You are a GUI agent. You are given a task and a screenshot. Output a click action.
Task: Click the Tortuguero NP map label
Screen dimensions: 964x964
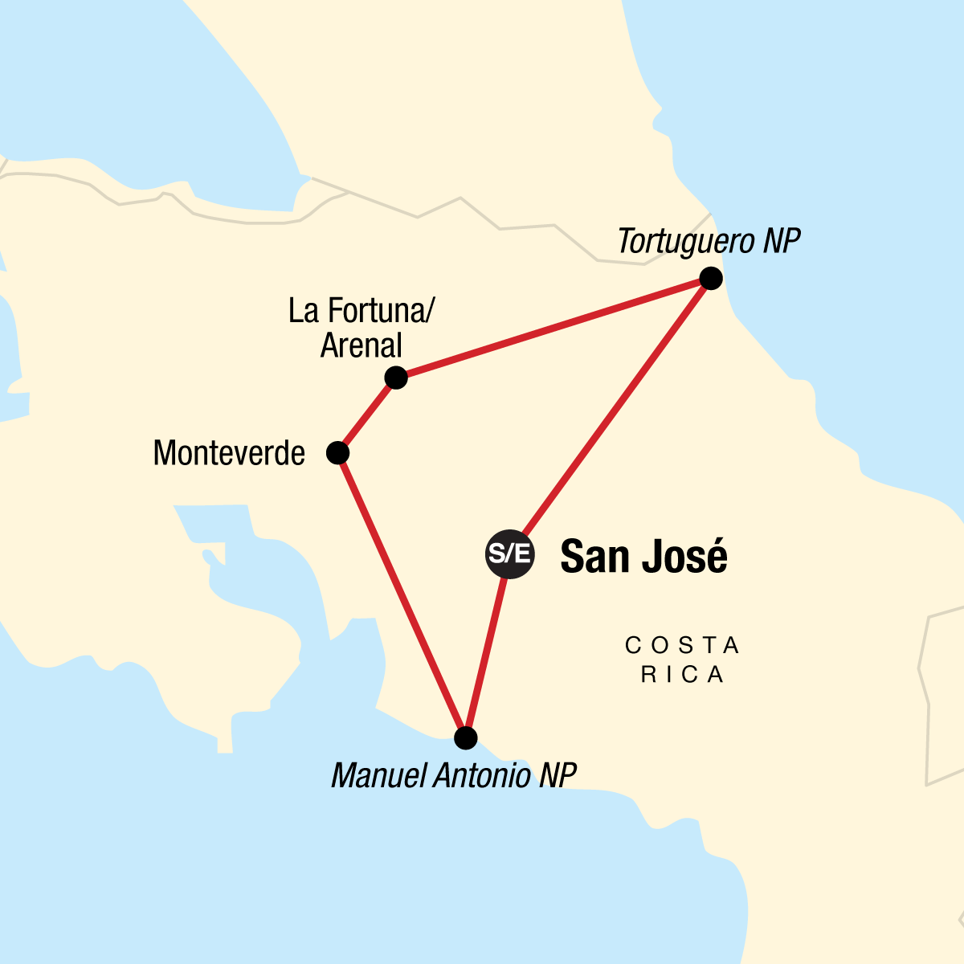pos(709,242)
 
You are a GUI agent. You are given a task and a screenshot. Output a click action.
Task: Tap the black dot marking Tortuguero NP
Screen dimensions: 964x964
pos(711,279)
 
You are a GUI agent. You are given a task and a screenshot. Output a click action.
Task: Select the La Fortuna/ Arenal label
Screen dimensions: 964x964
pos(361,328)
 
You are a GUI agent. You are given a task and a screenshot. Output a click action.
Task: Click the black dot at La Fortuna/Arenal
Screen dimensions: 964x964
pos(396,378)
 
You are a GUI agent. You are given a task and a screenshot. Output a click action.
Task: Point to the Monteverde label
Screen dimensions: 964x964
pos(229,454)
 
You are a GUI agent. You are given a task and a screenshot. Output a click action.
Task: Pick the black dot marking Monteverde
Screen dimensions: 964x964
pos(338,453)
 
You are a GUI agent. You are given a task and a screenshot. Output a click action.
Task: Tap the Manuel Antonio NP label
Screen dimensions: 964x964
pos(454,776)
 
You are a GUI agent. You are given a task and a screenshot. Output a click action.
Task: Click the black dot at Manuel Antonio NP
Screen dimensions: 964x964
pos(466,737)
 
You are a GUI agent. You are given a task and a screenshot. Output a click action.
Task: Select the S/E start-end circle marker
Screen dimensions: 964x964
pos(510,553)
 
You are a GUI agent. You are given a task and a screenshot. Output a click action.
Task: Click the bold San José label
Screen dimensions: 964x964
pos(643,556)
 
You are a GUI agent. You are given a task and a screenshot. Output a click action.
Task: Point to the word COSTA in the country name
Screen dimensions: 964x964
pos(682,646)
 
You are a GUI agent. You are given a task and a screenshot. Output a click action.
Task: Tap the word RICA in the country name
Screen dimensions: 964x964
pos(682,676)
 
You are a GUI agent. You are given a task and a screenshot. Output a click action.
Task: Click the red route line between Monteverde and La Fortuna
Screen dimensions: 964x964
pos(367,415)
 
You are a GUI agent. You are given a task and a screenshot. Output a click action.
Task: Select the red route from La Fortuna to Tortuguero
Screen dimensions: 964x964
pos(554,328)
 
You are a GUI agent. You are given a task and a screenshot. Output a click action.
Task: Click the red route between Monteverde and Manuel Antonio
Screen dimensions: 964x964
pos(402,594)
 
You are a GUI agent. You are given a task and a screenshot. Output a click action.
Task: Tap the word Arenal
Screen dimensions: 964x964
pos(361,346)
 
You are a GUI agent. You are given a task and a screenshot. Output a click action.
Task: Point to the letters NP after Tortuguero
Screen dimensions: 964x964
pos(781,242)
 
